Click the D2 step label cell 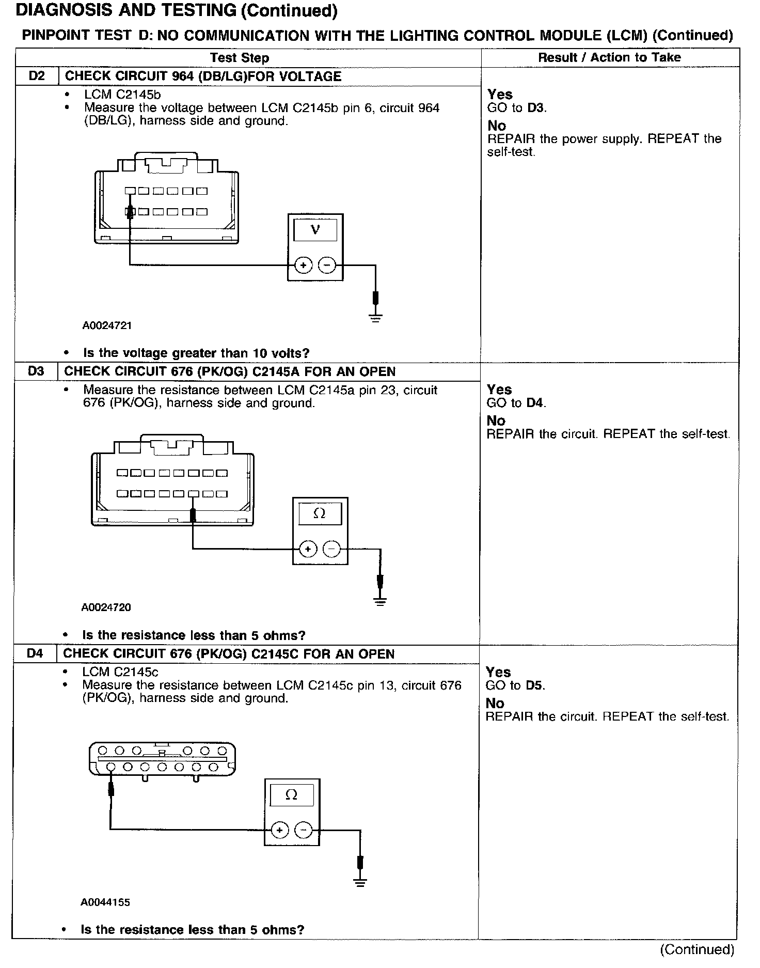(x=37, y=76)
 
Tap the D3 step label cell (x=36, y=371)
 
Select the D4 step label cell (x=35, y=654)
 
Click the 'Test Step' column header (x=240, y=58)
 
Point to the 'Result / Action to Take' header (x=609, y=57)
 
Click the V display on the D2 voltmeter (x=315, y=230)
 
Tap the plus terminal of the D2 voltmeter (x=303, y=266)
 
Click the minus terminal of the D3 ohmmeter (x=332, y=549)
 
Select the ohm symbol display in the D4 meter (x=291, y=795)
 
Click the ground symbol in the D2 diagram (x=376, y=317)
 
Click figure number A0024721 (x=107, y=325)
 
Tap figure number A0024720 (x=106, y=607)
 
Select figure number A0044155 (x=105, y=902)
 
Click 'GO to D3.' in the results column (x=517, y=108)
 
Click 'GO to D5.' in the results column (x=515, y=685)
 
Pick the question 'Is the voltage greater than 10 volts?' (x=196, y=353)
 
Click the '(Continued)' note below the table (x=696, y=949)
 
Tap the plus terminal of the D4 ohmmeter (x=279, y=830)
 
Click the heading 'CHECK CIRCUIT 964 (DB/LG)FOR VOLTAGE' (x=203, y=76)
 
